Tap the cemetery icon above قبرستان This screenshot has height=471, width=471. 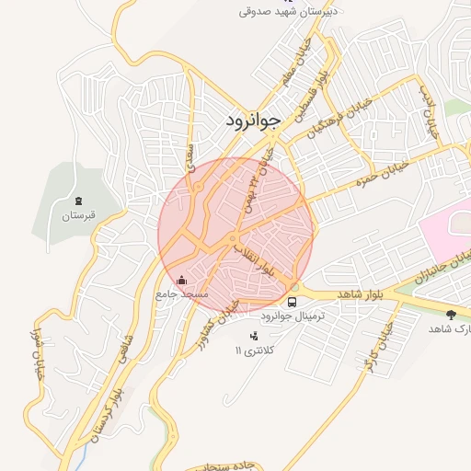[79, 201]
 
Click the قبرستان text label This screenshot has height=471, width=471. [79, 217]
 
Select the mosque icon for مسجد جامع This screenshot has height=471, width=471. [181, 281]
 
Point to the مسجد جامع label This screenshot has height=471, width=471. [182, 294]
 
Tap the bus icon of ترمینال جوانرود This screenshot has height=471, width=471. [293, 301]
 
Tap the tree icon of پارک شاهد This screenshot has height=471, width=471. [450, 315]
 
